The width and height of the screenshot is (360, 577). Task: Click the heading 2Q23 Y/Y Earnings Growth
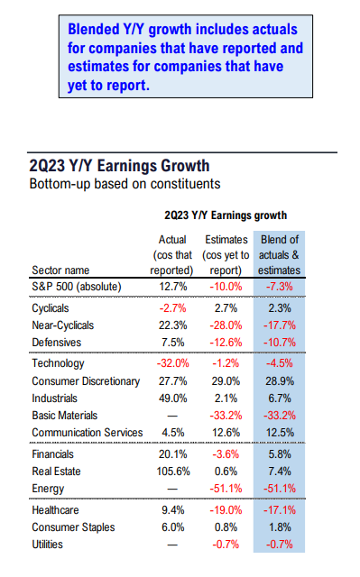pos(120,166)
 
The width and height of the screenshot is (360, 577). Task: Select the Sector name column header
pos(61,269)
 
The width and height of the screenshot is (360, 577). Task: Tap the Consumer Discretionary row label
pos(86,381)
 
